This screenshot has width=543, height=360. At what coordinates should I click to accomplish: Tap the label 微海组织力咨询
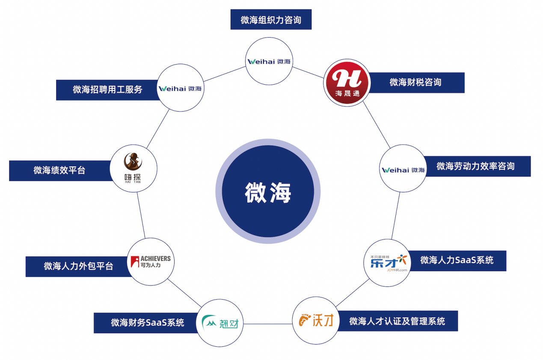click(271, 20)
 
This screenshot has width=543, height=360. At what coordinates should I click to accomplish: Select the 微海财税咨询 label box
click(415, 83)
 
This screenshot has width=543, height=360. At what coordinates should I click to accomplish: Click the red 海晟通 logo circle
click(346, 83)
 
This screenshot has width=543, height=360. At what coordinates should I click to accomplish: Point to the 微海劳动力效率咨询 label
click(475, 166)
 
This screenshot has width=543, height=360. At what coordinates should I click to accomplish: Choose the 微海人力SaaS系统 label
click(457, 260)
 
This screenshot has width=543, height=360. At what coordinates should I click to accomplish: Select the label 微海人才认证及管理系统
click(397, 321)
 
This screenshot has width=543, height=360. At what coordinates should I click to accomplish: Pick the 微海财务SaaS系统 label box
click(148, 323)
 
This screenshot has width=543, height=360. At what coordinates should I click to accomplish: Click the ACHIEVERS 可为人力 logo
click(151, 262)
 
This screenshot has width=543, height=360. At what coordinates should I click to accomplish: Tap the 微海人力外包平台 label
click(78, 266)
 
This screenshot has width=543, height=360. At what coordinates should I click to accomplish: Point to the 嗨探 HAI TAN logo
click(134, 169)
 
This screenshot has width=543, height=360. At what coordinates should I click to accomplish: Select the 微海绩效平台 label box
click(59, 171)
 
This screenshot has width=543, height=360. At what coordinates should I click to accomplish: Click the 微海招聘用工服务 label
click(107, 90)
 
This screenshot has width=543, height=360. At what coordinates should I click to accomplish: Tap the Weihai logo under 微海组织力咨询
click(269, 61)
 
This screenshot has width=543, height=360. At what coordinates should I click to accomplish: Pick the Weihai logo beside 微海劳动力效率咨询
click(403, 169)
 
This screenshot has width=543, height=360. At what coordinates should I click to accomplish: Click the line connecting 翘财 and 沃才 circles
click(268, 324)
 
